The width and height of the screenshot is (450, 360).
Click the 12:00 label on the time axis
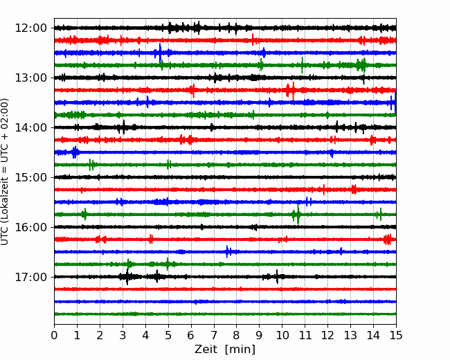coord(30,28)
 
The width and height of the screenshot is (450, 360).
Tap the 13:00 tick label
coord(30,78)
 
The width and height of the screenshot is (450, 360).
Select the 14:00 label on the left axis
coord(30,127)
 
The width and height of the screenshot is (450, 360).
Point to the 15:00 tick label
coord(30,177)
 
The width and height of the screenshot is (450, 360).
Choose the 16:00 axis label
coord(30,227)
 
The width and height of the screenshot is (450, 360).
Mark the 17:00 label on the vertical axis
coord(30,277)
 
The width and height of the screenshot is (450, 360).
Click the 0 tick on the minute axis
coord(54,335)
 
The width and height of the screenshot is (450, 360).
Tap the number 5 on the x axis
coord(168,335)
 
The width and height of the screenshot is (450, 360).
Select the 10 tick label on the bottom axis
coord(282,335)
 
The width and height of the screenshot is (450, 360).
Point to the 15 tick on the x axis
coord(396,335)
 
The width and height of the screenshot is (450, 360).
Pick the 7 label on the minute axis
coord(214,335)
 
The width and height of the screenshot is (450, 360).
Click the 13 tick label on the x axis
coord(350,335)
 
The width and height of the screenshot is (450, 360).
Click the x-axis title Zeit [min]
coord(225,350)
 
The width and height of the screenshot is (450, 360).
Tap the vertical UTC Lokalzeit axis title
coord(5,172)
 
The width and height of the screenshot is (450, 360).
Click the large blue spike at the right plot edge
coord(395,102)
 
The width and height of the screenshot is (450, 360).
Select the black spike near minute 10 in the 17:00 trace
coord(277,276)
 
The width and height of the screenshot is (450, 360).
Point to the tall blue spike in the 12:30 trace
coord(160,53)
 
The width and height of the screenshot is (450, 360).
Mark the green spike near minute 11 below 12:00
coord(303,65)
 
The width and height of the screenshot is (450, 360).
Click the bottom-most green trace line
coord(225,314)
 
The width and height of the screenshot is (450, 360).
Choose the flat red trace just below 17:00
coord(225,289)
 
